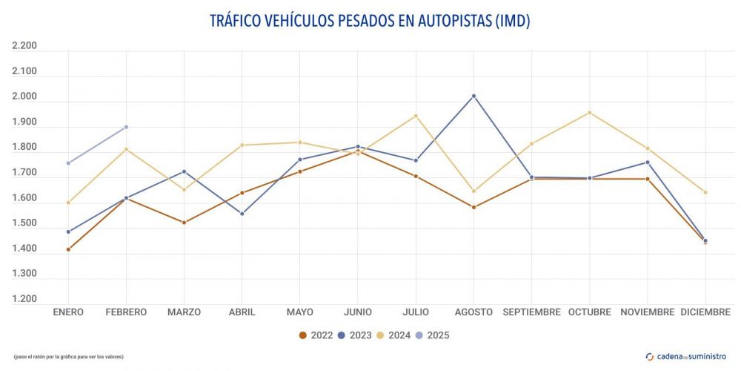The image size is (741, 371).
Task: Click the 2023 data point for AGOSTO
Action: coord(473,96)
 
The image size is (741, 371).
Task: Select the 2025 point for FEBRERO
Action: coord(126,127)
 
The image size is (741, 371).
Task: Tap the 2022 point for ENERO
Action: coord(68,249)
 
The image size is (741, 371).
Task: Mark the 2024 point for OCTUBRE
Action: coord(590,113)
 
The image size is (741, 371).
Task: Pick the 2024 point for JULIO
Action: coord(416,116)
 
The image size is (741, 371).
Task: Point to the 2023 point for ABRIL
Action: coord(242,214)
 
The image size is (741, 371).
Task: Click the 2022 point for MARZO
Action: coord(184,223)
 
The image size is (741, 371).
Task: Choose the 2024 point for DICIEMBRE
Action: coord(705,192)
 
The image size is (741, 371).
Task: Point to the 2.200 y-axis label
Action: coord(24,46)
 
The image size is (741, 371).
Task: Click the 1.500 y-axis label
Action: coord(24,223)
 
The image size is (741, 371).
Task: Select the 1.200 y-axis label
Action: coord(24,299)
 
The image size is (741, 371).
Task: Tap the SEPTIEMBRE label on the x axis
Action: coord(531,312)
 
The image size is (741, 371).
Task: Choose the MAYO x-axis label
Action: coord(299,312)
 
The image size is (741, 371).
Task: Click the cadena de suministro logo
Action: coord(686,356)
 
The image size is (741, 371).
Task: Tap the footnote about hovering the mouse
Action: coord(69,357)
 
